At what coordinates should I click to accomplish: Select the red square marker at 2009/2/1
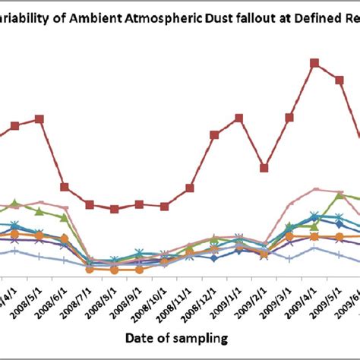pyautogui.click(x=264, y=168)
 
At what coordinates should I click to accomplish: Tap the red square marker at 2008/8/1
pyautogui.click(x=115, y=209)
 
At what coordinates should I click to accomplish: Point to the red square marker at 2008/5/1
pyautogui.click(x=39, y=119)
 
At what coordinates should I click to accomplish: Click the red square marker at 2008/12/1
pyautogui.click(x=215, y=134)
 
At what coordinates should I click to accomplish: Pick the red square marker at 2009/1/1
pyautogui.click(x=239, y=118)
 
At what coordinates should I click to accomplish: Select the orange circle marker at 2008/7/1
pyautogui.click(x=90, y=269)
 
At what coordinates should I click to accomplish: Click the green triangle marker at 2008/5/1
pyautogui.click(x=39, y=210)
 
